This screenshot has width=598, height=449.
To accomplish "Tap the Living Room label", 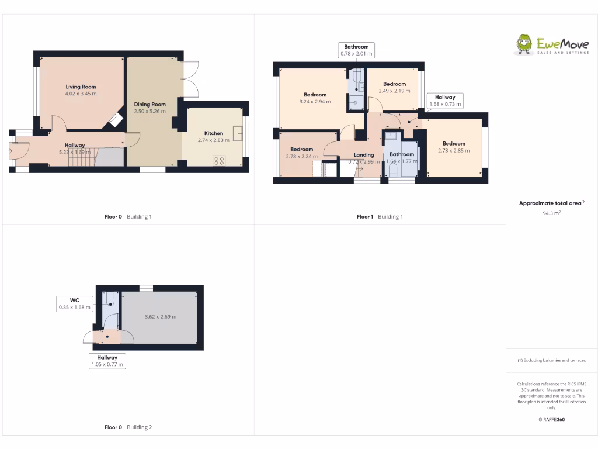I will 81,87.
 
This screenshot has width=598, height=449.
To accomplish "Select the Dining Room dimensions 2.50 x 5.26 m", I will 150,111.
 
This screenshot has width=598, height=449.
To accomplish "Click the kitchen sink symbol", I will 238,134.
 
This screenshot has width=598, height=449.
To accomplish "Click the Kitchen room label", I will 213,133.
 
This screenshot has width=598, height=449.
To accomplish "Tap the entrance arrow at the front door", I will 10,151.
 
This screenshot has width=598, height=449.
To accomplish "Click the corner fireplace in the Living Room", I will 115,120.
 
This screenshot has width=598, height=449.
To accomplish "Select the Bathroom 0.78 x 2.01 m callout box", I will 356,50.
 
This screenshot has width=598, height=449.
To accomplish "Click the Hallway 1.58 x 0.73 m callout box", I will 445,101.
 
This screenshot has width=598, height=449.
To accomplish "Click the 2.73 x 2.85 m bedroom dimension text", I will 454,150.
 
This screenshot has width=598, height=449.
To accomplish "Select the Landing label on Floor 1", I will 364,155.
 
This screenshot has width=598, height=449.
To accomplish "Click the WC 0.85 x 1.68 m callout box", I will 75,303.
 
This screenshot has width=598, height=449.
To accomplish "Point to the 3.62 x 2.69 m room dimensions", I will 161,317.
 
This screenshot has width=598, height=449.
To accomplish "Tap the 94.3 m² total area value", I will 552,213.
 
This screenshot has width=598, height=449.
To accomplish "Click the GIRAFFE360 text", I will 552,419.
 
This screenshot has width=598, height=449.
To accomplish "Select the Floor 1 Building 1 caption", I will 380,216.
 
